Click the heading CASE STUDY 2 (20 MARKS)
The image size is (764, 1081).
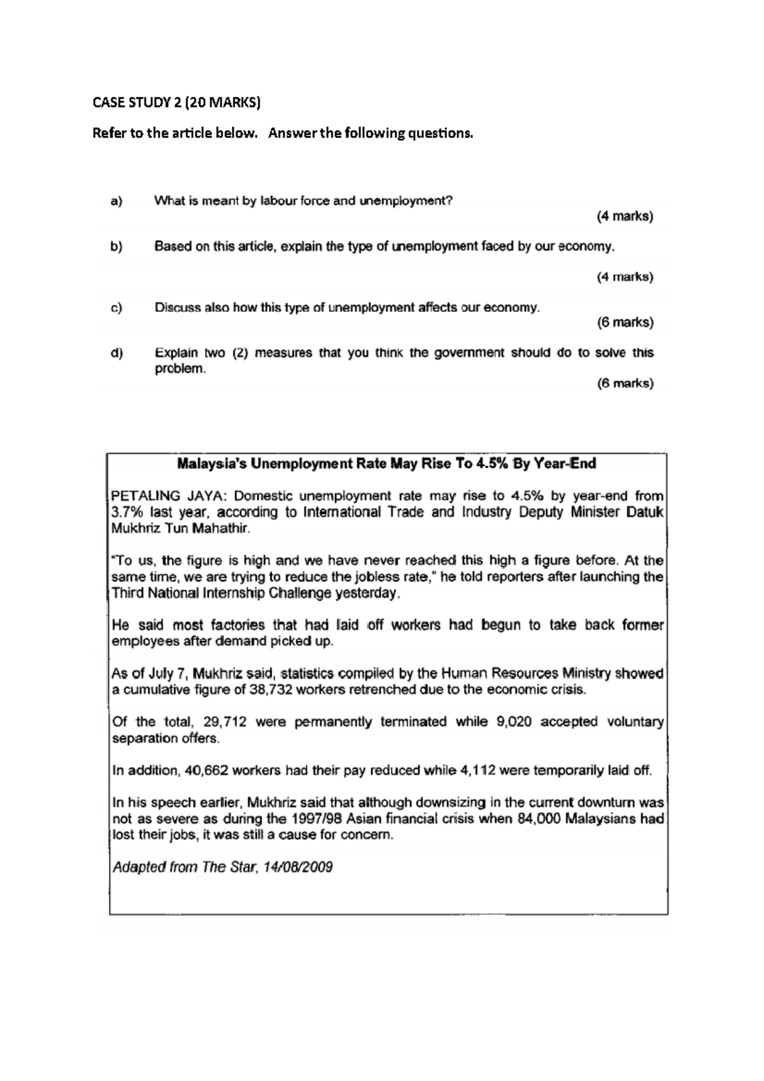point(176,102)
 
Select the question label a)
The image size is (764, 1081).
point(116,201)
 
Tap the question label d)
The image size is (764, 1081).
point(116,353)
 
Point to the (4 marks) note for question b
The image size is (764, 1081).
point(625,277)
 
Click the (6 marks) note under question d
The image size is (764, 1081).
point(625,383)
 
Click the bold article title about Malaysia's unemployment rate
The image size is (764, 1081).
point(386,463)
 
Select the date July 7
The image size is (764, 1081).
point(167,674)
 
